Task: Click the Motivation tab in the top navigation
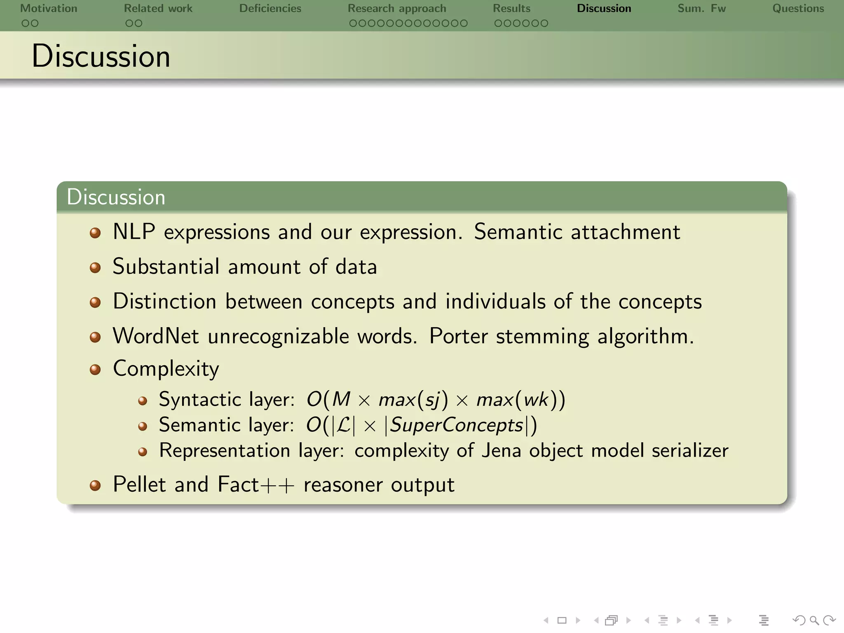pyautogui.click(x=49, y=9)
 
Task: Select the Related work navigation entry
pyautogui.click(x=158, y=9)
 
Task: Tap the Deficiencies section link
pyautogui.click(x=270, y=9)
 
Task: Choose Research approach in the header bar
pyautogui.click(x=396, y=9)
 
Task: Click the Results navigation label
pyautogui.click(x=511, y=9)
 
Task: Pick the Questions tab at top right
pyautogui.click(x=798, y=9)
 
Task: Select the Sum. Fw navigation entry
pyautogui.click(x=701, y=9)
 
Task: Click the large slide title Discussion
pyautogui.click(x=101, y=56)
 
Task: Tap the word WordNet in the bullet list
pyautogui.click(x=156, y=336)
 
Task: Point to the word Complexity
pyautogui.click(x=166, y=368)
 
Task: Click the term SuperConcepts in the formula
pyautogui.click(x=456, y=425)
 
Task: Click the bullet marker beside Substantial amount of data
pyautogui.click(x=95, y=268)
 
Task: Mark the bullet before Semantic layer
pyautogui.click(x=143, y=426)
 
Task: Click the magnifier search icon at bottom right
pyautogui.click(x=814, y=620)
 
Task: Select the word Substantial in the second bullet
pyautogui.click(x=166, y=267)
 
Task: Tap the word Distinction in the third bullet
pyautogui.click(x=164, y=301)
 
